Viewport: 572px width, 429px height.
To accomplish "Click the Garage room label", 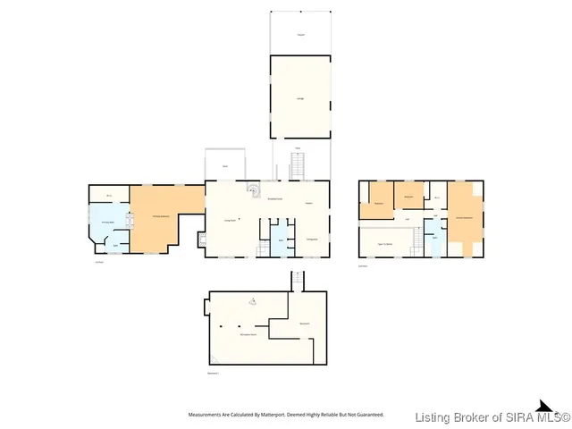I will pyautogui.click(x=299, y=98).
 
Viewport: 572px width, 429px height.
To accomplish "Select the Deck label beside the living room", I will pyautogui.click(x=224, y=167).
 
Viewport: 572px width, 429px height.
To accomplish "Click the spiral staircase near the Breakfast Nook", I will pyautogui.click(x=252, y=189).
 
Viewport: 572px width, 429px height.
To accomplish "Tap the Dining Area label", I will pyautogui.click(x=312, y=239).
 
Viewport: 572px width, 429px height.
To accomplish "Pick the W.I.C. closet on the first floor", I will pyautogui.click(x=109, y=195).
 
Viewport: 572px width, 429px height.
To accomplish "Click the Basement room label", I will pyautogui.click(x=304, y=323).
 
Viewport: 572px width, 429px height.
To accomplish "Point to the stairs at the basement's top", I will pyautogui.click(x=299, y=281).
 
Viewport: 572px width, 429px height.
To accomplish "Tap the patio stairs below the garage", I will pyautogui.click(x=299, y=165).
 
